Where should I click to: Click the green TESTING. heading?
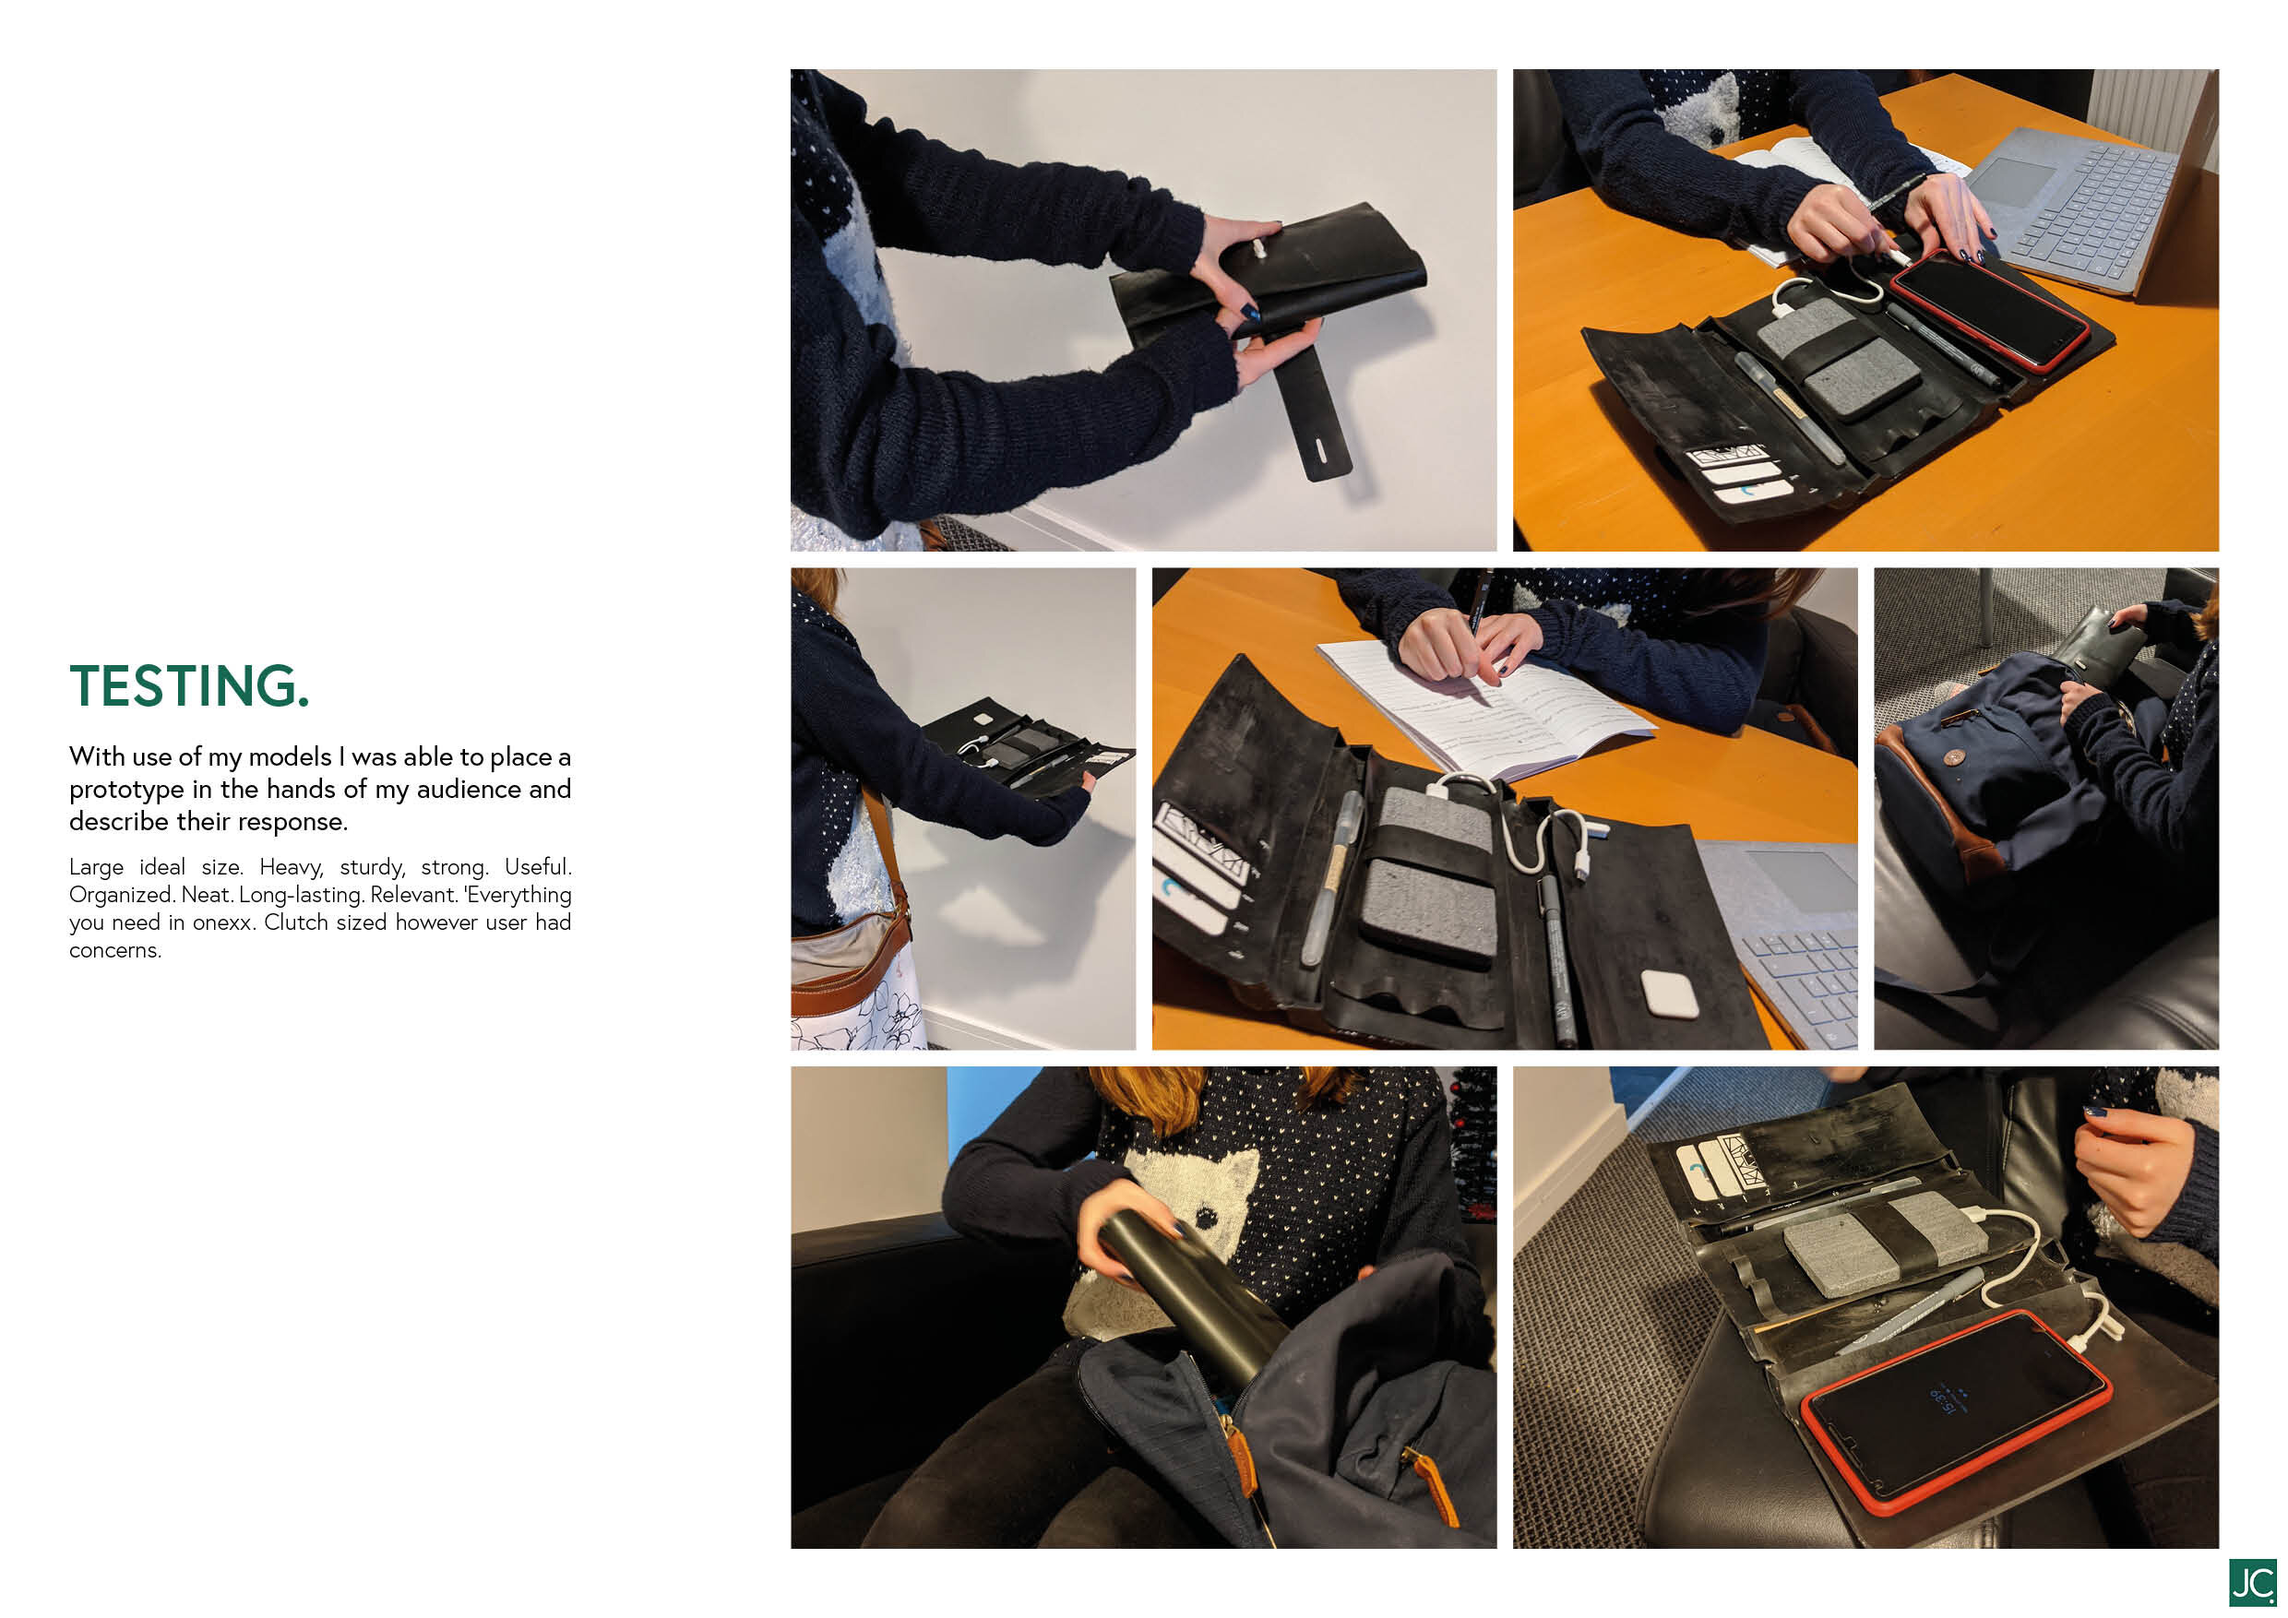click(189, 685)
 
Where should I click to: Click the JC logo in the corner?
click(2251, 1582)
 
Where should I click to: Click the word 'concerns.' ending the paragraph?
click(114, 950)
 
